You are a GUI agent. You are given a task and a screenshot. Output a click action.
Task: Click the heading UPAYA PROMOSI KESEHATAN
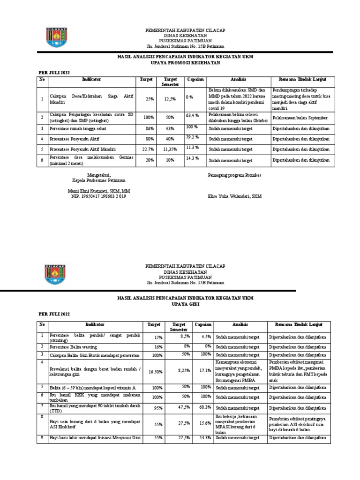coord(184,63)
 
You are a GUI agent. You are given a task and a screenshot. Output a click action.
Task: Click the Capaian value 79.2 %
coord(193,137)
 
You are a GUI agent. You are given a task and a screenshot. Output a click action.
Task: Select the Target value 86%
coord(150,128)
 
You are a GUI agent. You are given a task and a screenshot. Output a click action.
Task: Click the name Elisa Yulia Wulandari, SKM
coord(235,196)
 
